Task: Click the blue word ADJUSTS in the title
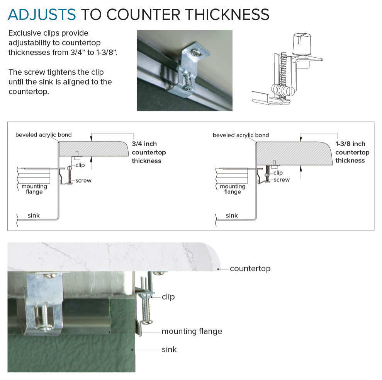tap(42, 14)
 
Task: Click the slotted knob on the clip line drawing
tap(302, 44)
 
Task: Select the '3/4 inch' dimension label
tap(144, 144)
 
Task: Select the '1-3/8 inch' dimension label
tap(350, 144)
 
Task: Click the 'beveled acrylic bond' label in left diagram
tap(43, 135)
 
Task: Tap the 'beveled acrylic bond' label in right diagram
tap(241, 135)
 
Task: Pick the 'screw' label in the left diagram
tap(83, 181)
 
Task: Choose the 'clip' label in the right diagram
tap(278, 173)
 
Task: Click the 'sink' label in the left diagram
tap(33, 216)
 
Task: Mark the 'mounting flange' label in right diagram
tap(233, 189)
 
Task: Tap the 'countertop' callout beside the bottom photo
tap(250, 269)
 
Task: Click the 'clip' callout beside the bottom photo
tap(168, 297)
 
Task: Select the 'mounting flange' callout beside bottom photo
tap(192, 331)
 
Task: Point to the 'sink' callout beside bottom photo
tap(169, 349)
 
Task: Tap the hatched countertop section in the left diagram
tap(93, 149)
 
